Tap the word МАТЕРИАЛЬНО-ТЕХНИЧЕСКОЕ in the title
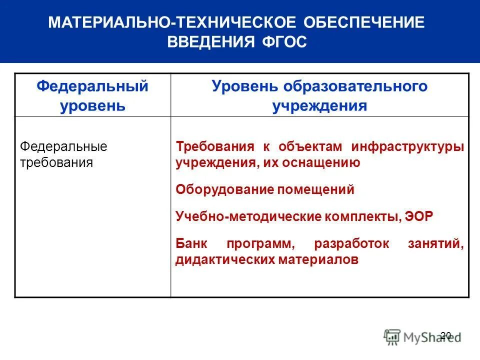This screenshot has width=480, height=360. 171,23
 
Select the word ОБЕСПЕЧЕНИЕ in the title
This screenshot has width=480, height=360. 363,23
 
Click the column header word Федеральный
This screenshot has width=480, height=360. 92,86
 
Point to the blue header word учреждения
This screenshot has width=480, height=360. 319,106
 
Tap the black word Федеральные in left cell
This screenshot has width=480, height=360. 63,147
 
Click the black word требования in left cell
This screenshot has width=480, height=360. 56,162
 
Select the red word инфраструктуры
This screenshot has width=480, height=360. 407,147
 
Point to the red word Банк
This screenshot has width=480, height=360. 192,244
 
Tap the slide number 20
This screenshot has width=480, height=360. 445,335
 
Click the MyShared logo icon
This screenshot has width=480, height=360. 392,336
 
